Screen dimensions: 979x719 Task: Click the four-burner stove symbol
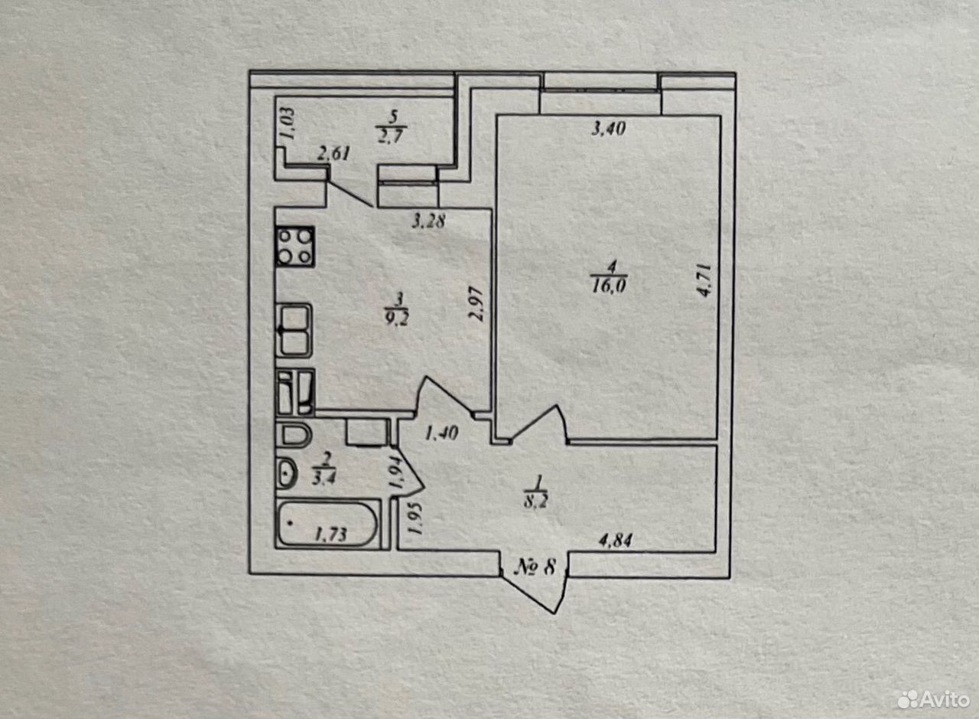click(295, 247)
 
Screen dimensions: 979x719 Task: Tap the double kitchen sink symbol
click(295, 330)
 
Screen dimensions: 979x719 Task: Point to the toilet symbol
click(294, 435)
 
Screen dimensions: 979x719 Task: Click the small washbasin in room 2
click(287, 473)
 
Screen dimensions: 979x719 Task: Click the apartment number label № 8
click(535, 568)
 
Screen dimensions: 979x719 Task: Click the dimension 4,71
click(704, 280)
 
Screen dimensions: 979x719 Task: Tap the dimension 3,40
click(609, 129)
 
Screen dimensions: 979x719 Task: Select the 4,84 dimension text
click(615, 541)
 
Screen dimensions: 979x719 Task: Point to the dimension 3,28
click(429, 221)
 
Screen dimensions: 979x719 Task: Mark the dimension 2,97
click(477, 304)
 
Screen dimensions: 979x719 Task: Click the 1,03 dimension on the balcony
click(289, 124)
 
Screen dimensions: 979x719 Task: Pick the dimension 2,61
click(334, 154)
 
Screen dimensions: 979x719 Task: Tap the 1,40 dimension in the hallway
click(441, 433)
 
